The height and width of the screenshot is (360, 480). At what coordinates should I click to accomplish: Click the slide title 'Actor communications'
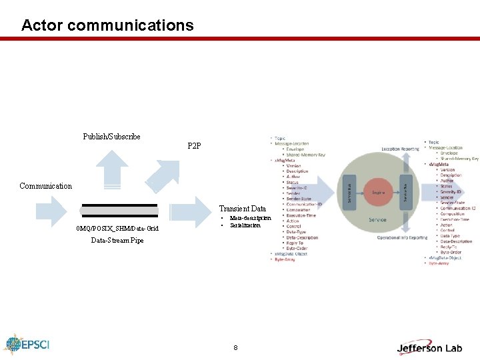coord(107,25)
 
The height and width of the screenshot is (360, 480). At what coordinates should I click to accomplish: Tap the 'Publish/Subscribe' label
coord(111,137)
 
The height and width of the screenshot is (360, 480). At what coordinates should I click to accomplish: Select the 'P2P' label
coord(194,145)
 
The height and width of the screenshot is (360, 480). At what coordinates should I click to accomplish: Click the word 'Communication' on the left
coord(45,186)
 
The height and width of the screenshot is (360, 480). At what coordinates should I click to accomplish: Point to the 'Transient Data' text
coord(242,209)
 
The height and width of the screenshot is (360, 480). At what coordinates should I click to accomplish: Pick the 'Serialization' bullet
coord(245,225)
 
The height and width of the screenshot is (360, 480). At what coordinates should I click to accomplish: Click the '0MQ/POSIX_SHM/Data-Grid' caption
coord(117,229)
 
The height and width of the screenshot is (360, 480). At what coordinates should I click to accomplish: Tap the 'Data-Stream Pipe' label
coord(117,240)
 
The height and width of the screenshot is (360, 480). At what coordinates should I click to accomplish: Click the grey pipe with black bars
coord(119,211)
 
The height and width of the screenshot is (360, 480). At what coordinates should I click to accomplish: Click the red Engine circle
coord(378,192)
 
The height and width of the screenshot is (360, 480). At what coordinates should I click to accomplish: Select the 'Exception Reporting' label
coord(400,149)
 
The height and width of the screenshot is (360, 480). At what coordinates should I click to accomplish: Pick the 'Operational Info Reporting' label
coord(402,237)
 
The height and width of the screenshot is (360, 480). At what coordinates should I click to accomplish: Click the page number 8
coord(235,347)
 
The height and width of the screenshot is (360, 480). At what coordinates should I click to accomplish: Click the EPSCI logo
coord(27,345)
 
